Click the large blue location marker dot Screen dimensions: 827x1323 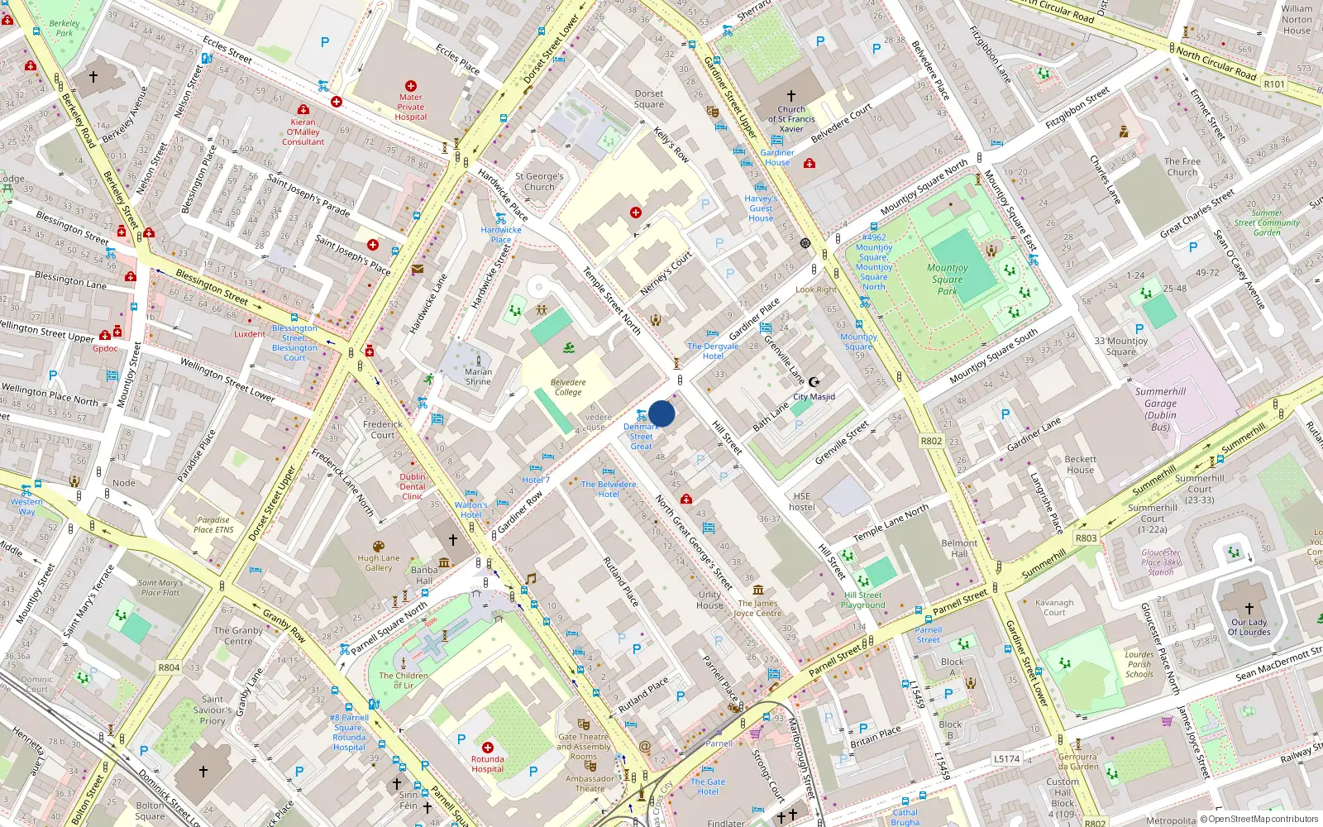coord(661,413)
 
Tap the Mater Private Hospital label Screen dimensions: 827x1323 coord(411,107)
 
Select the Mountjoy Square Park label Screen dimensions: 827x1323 coord(948,279)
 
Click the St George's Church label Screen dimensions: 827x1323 coord(539,181)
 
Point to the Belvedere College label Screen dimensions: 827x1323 coord(568,387)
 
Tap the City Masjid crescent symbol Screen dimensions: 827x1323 coord(814,382)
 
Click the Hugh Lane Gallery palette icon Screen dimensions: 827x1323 coord(379,547)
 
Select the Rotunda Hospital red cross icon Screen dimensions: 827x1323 coord(488,747)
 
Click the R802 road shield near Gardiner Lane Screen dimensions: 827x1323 coord(932,441)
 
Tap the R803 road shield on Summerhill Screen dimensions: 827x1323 coord(1086,538)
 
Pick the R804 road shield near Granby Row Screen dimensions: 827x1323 coord(169,667)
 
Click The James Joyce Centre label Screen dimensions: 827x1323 coord(757,608)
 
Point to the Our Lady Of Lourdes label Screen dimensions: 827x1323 coord(1249,627)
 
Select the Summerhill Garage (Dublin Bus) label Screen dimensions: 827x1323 coord(1160,409)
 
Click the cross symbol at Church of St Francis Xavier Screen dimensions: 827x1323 coord(791,96)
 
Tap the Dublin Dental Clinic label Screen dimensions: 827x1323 coord(413,486)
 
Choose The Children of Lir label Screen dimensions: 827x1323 coord(404,680)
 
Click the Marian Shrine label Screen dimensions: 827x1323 coord(478,376)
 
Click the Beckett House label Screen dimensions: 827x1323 coord(1080,464)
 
